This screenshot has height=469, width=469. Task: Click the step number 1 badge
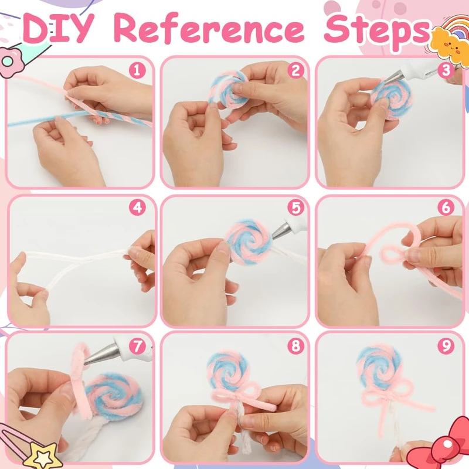pos(137,70)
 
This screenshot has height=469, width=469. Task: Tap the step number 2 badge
pos(295,70)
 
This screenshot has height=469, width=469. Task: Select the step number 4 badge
pos(137,208)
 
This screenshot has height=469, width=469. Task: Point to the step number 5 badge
pos(295,208)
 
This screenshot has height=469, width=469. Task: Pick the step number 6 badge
pos(446,208)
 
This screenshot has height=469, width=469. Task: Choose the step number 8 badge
pos(295,346)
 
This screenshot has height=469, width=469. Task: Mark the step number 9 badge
pos(446,346)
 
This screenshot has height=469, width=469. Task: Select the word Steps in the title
pos(378,31)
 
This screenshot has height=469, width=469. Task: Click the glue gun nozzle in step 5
pos(280,231)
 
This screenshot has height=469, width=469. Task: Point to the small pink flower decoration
pos(9,61)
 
